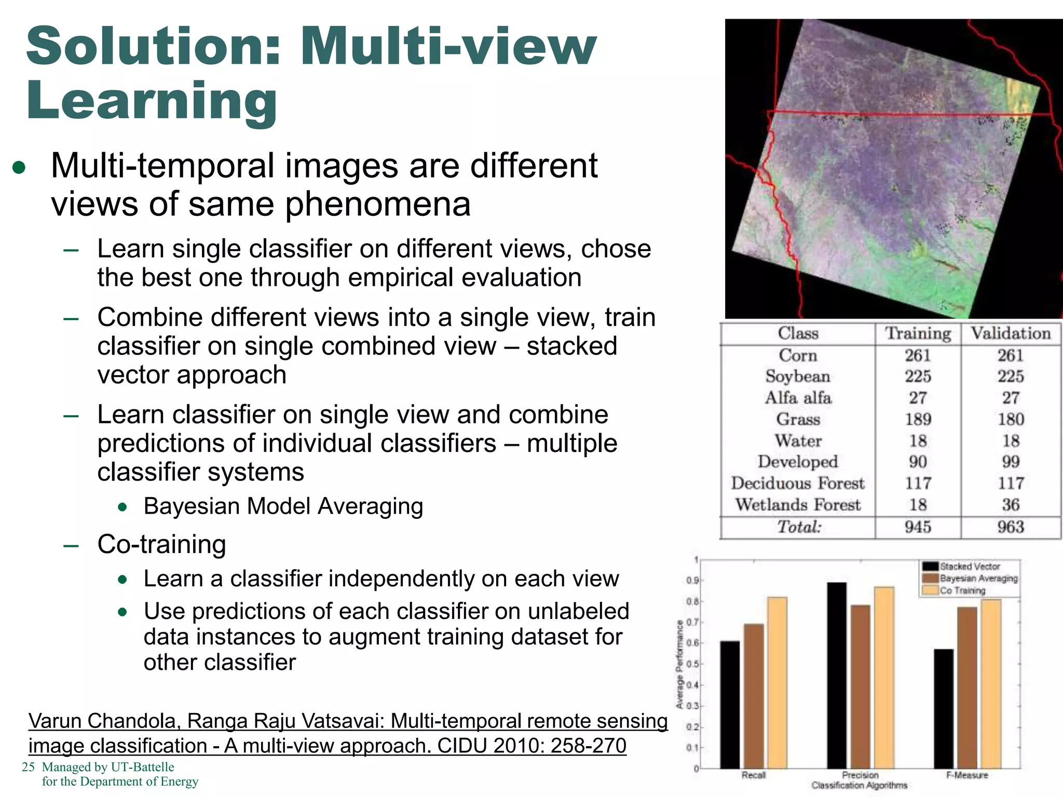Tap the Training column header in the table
click(918, 333)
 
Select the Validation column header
click(1011, 333)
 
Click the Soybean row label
click(798, 376)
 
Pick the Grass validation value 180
click(1011, 419)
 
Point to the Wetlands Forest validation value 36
click(1011, 505)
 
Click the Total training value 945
click(918, 527)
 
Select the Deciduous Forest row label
click(798, 484)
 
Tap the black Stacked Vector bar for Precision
click(837, 675)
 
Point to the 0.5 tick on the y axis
click(692, 664)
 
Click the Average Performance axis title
click(679, 665)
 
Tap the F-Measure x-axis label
click(967, 775)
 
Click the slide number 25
click(28, 767)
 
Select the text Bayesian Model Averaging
click(283, 506)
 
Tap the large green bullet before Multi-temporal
click(19, 168)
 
